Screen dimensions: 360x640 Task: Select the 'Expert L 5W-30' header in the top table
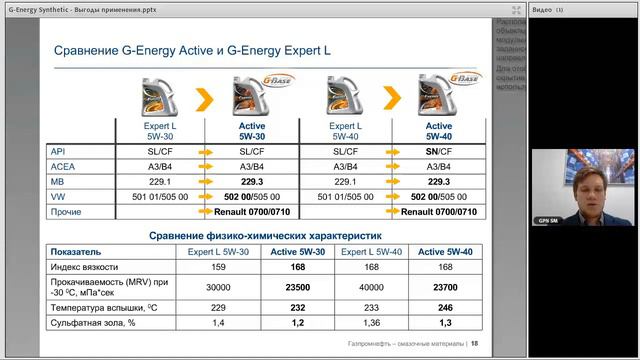[x=161, y=131]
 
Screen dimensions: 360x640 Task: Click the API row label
[x=59, y=151]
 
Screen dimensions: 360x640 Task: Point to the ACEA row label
[x=63, y=166]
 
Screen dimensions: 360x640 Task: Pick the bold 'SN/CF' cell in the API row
[x=438, y=151]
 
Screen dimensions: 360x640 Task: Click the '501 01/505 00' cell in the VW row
[x=161, y=197]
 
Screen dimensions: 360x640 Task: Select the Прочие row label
[x=67, y=212]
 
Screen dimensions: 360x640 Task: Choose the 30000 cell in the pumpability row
[x=218, y=288]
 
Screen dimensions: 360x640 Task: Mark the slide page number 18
[x=475, y=343]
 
